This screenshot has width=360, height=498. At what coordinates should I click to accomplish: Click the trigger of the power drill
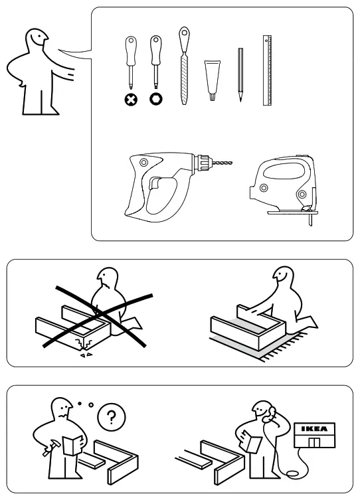pos(156,184)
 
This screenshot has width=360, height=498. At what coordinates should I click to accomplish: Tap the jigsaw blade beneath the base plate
pos(309,220)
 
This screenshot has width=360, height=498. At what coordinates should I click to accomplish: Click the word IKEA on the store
pos(316,428)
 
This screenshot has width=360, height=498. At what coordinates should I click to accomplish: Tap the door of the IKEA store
pos(316,443)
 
